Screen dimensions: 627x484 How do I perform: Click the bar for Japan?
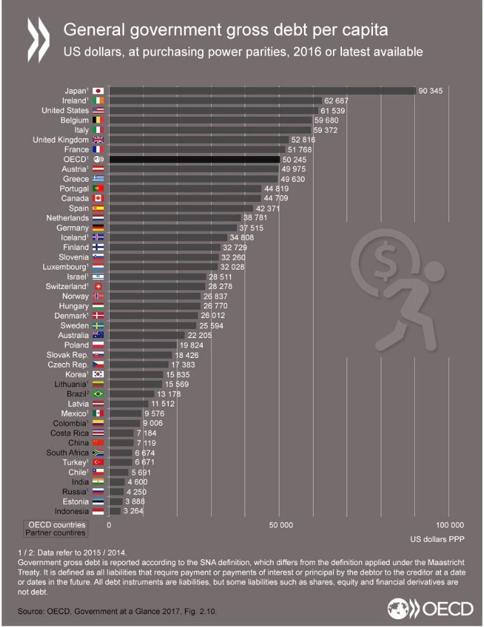(x=261, y=91)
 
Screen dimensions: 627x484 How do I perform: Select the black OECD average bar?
(x=194, y=159)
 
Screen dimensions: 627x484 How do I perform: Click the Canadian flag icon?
(x=98, y=197)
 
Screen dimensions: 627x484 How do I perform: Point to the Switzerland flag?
(x=98, y=286)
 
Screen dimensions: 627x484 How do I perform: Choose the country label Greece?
(x=76, y=178)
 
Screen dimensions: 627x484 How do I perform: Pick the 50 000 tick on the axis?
(x=280, y=525)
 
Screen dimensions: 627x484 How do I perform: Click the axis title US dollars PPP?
(x=436, y=539)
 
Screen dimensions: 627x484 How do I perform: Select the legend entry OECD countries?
(x=55, y=524)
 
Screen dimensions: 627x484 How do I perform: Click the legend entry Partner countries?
(x=55, y=533)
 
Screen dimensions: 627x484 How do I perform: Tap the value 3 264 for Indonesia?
(x=135, y=511)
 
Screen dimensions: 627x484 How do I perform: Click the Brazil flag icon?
(x=98, y=393)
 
